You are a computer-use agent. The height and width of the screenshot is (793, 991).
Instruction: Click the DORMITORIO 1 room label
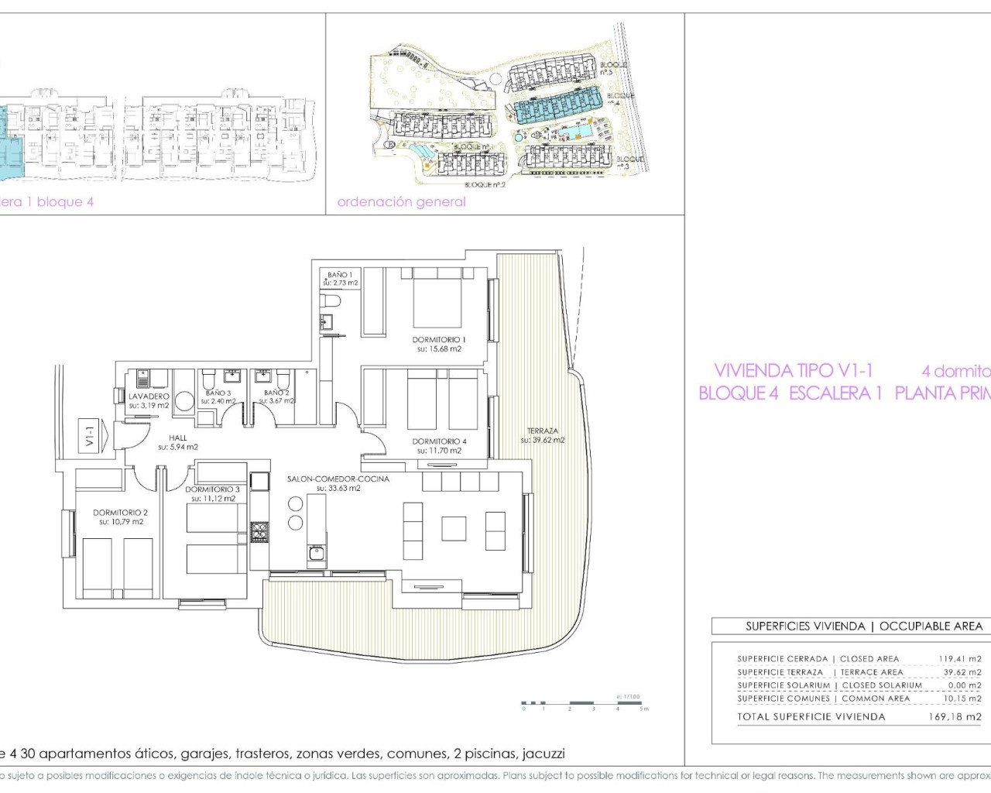[439, 340]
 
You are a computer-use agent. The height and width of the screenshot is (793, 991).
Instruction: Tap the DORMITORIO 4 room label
[439, 441]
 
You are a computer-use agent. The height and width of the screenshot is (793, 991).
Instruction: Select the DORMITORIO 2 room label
[120, 513]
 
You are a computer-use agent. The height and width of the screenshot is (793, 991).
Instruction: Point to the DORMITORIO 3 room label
[213, 489]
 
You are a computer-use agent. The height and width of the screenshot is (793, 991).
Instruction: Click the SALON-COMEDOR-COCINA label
[338, 479]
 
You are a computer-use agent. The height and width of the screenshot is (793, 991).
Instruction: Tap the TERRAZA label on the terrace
[543, 431]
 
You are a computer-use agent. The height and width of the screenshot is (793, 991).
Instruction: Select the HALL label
[178, 438]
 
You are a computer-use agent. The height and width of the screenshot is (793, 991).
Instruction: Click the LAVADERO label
[149, 396]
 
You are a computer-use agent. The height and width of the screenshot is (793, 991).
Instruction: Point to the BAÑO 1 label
[340, 275]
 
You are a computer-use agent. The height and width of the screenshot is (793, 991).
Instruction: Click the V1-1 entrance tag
[90, 436]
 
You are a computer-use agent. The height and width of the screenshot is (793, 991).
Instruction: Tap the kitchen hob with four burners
[259, 532]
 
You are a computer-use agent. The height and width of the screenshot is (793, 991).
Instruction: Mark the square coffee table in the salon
[454, 528]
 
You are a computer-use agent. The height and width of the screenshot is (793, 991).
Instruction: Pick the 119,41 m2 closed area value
[960, 659]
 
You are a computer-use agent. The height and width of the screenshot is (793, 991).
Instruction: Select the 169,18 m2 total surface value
[955, 717]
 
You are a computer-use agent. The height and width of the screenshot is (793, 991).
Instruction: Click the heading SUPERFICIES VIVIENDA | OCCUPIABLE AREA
[863, 626]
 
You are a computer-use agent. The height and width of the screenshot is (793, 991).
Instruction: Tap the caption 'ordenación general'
[402, 202]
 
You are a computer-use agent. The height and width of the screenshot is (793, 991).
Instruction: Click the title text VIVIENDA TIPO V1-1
[794, 371]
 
